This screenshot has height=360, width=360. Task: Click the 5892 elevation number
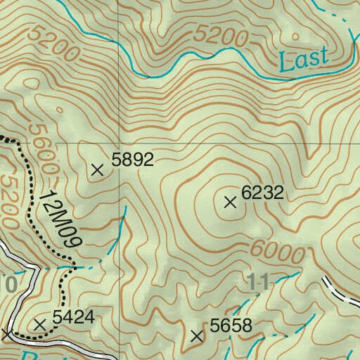[x=133, y=160]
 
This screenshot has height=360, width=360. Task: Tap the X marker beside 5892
[x=98, y=169]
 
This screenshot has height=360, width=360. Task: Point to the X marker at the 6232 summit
[x=229, y=202]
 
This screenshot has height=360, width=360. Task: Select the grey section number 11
[x=259, y=283]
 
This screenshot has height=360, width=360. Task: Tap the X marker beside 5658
[x=196, y=337]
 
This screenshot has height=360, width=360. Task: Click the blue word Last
[x=304, y=59]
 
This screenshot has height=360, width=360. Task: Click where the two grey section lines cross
[x=119, y=143]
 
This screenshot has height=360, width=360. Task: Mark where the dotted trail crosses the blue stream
[x=73, y=267]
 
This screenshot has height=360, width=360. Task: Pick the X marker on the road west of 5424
[x=7, y=333]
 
